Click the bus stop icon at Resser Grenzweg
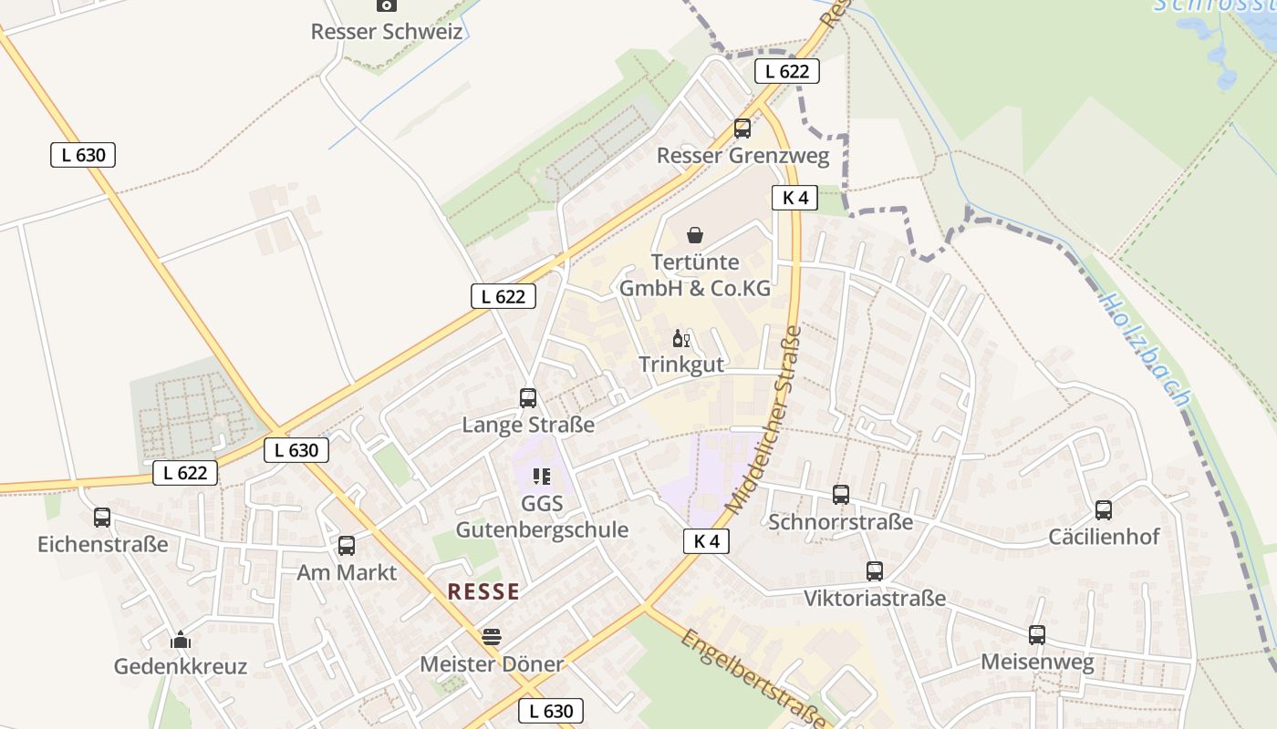pos(742,128)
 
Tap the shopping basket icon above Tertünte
pos(695,235)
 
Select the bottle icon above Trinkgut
pos(680,339)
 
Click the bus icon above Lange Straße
pos(527,397)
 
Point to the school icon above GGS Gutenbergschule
pos(542,476)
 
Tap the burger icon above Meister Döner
pos(492,636)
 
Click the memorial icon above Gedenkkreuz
pos(181,640)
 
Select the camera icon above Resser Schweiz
pos(387,5)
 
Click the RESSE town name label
pos(483,591)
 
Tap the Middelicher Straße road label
pos(763,419)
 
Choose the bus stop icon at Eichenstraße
pos(102,518)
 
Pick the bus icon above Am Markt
pos(347,546)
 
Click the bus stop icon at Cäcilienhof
pos(1104,510)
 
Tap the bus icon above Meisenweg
pos(1037,635)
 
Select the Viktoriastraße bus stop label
pos(874,599)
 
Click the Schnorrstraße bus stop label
pos(840,522)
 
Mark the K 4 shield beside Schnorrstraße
pos(706,541)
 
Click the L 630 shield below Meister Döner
pos(551,711)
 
